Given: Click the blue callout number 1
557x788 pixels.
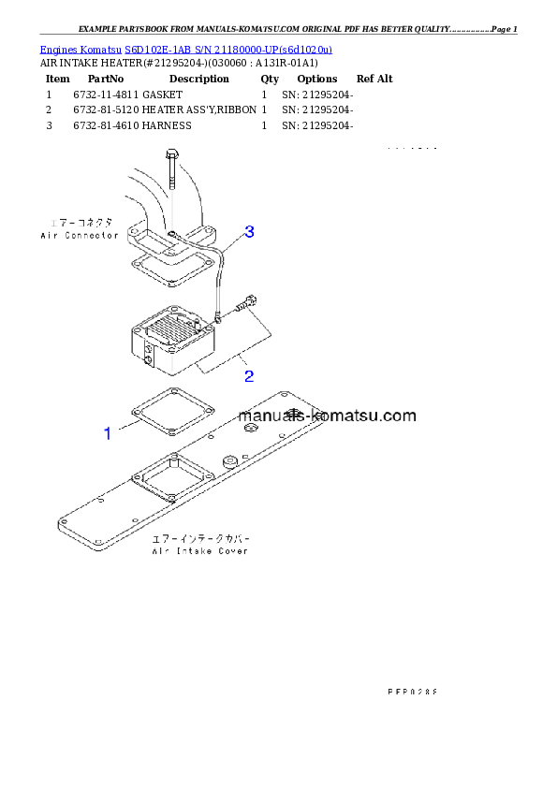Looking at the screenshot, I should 108,433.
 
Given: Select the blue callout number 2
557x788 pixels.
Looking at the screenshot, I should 249,376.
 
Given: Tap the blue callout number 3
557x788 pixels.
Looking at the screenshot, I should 250,231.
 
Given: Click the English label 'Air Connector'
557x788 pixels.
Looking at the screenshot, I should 80,236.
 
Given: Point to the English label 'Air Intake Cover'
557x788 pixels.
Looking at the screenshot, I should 200,552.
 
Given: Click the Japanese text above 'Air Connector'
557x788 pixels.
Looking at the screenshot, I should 80,224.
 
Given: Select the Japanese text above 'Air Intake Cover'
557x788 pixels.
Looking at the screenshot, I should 200,540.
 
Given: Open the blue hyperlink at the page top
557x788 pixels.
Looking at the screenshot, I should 185,49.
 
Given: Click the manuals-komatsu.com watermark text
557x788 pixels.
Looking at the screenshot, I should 327,416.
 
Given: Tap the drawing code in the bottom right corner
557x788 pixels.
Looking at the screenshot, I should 412,692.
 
